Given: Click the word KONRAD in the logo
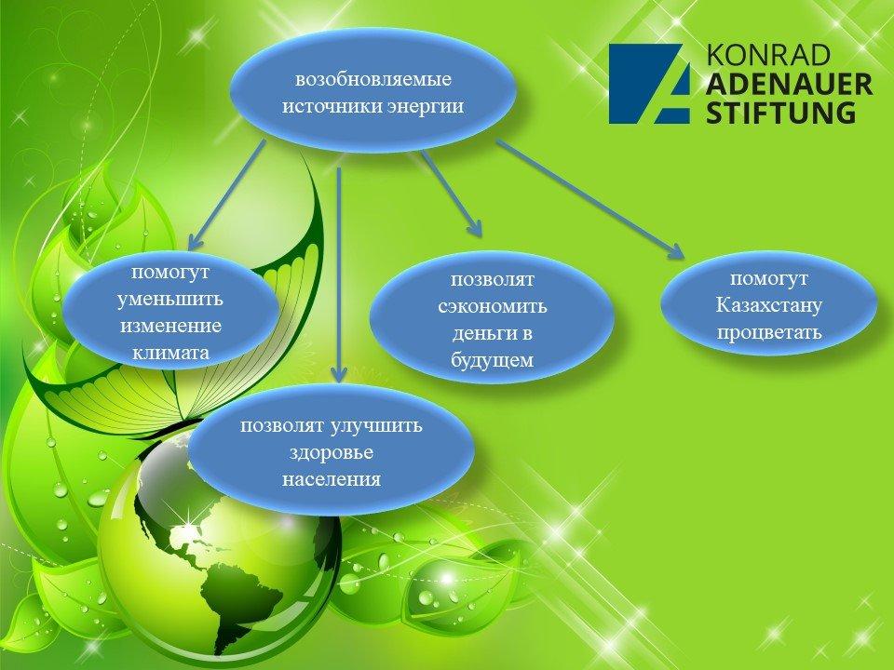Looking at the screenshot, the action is (768, 55).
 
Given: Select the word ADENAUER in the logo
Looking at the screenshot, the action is (789, 84).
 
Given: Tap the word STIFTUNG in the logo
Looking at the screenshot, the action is (781, 113).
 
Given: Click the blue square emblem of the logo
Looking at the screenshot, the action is (649, 84).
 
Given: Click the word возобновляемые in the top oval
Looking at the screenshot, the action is (373, 78).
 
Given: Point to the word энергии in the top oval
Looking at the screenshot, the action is (426, 106).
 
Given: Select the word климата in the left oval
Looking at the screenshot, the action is (170, 353).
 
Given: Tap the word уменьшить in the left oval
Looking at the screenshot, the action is (169, 299).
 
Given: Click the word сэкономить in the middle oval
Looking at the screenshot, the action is (493, 306).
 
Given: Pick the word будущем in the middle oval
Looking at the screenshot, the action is (493, 360).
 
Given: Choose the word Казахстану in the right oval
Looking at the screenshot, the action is (769, 305).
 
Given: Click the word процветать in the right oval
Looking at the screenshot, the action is (769, 332).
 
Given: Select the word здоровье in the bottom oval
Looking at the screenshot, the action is (332, 452).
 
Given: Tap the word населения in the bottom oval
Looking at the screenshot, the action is (332, 479).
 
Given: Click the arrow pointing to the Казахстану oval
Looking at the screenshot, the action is (590, 199).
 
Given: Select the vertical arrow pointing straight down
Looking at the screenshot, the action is (339, 275).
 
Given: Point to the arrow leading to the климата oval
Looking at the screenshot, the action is (227, 194).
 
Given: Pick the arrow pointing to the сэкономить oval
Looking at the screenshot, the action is (452, 194).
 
